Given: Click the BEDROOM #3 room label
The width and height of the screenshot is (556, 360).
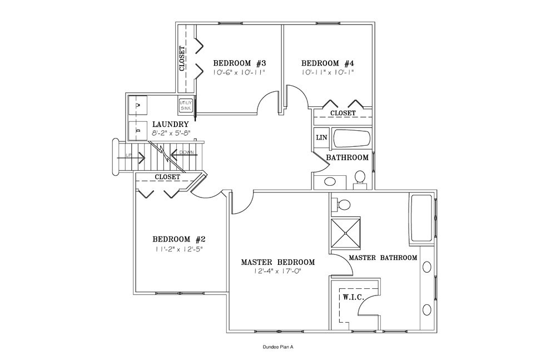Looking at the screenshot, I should pyautogui.click(x=240, y=63).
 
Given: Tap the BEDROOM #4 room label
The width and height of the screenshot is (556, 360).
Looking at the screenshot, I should pyautogui.click(x=328, y=63).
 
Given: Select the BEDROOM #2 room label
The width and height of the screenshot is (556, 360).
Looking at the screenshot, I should pyautogui.click(x=179, y=239).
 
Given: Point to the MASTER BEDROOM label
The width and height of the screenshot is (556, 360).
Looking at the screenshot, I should pyautogui.click(x=278, y=262).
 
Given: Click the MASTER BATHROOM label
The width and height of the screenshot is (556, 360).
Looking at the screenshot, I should pyautogui.click(x=383, y=258).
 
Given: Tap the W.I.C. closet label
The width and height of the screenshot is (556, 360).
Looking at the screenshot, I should pyautogui.click(x=353, y=298).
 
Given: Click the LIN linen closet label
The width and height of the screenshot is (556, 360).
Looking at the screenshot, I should pyautogui.click(x=321, y=137).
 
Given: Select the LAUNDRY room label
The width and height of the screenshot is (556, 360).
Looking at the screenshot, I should pyautogui.click(x=171, y=124).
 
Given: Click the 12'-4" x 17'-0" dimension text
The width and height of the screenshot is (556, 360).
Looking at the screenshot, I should pyautogui.click(x=278, y=272).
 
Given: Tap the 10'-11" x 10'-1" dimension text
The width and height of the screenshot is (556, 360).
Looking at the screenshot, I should pyautogui.click(x=328, y=72).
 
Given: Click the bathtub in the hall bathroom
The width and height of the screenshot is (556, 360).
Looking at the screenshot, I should pyautogui.click(x=350, y=139).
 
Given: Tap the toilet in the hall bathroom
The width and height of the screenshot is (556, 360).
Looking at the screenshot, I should pyautogui.click(x=359, y=177).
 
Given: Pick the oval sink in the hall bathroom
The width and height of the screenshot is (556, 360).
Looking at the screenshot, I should pyautogui.click(x=328, y=181).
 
